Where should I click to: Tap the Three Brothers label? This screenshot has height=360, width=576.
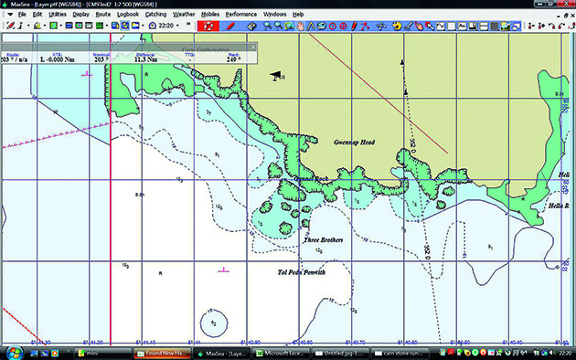pyautogui.click(x=322, y=240)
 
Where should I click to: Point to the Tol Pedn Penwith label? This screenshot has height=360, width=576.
pyautogui.click(x=301, y=272)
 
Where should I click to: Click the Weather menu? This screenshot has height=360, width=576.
pyautogui.click(x=184, y=15)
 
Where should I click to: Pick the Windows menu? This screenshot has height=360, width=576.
pyautogui.click(x=274, y=15)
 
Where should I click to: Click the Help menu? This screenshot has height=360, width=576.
pyautogui.click(x=299, y=15)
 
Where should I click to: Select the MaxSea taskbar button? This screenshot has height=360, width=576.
pyautogui.click(x=222, y=352)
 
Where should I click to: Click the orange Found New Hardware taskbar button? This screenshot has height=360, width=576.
pyautogui.click(x=162, y=352)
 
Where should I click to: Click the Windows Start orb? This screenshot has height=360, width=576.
pyautogui.click(x=13, y=352)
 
